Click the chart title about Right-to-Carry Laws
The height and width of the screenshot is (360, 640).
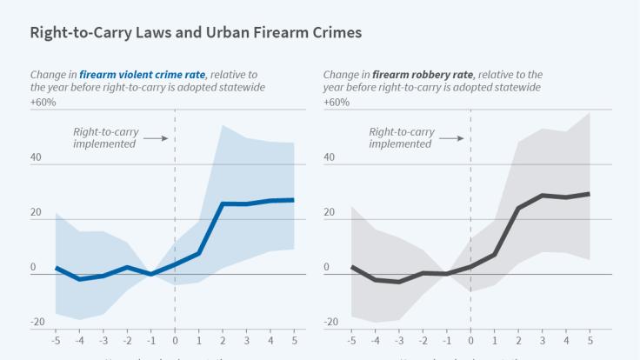(196, 33)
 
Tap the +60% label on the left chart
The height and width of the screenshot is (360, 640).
(43, 103)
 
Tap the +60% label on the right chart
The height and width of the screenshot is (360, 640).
(337, 103)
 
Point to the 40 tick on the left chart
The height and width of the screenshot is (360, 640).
(37, 157)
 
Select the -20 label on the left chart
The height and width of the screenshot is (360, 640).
(37, 322)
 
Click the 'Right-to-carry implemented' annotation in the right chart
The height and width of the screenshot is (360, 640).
(401, 137)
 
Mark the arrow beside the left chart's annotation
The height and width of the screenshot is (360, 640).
(155, 137)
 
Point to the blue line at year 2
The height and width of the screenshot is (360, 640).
(223, 203)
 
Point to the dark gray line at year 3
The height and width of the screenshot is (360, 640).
(542, 196)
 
